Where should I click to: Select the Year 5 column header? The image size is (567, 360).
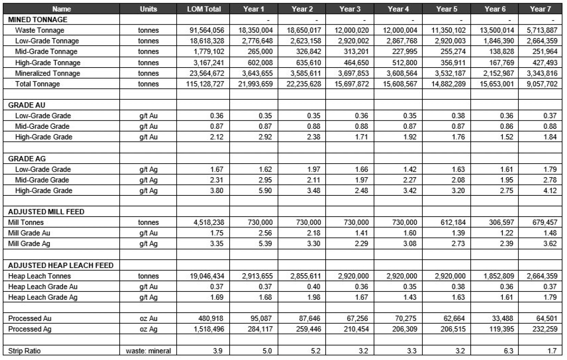click(446, 9)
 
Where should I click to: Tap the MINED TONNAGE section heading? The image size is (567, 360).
click(38, 20)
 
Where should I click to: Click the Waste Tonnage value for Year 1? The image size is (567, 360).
click(255, 31)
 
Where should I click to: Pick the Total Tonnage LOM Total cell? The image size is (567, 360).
click(205, 84)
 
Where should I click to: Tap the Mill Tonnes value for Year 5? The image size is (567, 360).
click(453, 223)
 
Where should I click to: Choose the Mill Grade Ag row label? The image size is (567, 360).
click(29, 244)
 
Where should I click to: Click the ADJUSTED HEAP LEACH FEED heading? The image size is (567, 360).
click(61, 265)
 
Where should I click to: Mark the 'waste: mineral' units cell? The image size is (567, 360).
click(148, 351)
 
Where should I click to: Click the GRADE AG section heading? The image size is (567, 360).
click(27, 159)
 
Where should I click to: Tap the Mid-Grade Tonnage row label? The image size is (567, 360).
click(46, 52)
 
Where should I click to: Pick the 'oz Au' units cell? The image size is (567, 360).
click(148, 319)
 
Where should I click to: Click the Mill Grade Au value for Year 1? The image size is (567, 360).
click(265, 233)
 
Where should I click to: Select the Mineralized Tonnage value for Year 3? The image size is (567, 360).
click(352, 73)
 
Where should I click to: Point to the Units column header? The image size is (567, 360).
click(148, 9)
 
